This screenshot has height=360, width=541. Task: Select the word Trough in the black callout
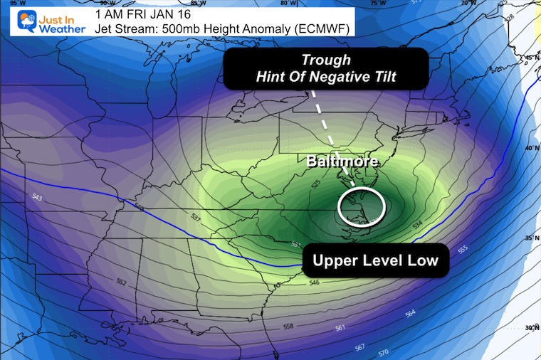click(325, 60)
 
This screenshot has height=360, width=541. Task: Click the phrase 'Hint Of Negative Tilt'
click(325, 77)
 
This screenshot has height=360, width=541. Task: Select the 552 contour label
click(122, 282)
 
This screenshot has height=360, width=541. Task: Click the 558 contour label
click(288, 327)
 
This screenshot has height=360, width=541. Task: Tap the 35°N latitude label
click(527, 238)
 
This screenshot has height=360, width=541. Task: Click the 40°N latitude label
click(527, 148)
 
